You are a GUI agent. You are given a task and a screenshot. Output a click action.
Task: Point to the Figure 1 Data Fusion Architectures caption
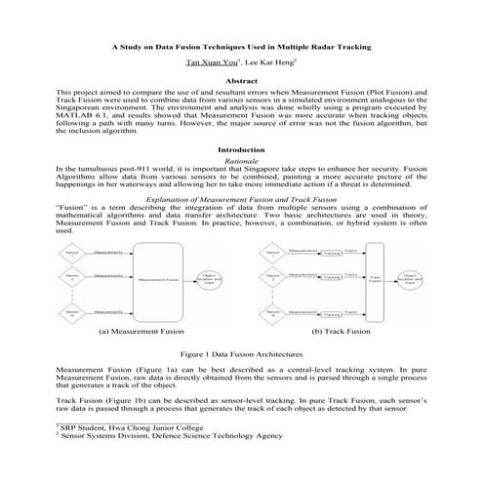[240, 358]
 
